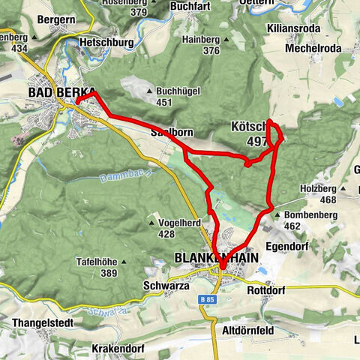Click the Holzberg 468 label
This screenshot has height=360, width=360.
318,193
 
